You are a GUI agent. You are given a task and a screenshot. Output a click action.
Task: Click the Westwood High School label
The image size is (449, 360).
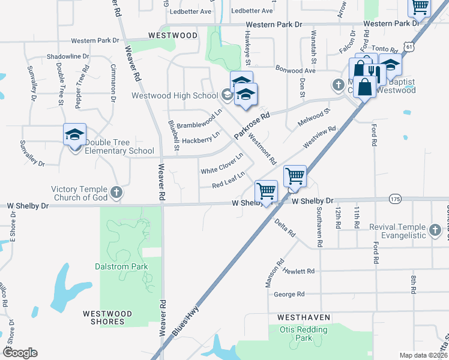coord(175,95)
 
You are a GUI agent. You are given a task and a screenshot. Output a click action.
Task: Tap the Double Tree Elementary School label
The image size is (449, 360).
coord(119,146)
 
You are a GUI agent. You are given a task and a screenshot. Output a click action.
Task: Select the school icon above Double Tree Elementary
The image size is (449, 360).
coord(75,134)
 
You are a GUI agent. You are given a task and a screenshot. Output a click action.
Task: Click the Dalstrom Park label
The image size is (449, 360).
coord(121,265)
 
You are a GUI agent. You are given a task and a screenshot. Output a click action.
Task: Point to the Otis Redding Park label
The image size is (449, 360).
coord(303,334)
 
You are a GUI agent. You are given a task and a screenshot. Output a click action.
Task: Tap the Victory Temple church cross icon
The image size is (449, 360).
coord(116,193)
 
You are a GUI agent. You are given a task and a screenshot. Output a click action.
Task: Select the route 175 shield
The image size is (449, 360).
coord(394,199)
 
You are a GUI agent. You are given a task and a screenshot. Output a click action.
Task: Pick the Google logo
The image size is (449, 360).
coord(20,352)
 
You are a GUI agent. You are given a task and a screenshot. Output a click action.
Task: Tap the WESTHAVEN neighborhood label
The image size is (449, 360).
coord(302,316)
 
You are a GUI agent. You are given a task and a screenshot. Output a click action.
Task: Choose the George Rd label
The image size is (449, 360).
coord(289,294)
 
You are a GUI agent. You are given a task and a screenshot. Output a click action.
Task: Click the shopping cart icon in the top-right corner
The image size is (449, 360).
coord(420,8)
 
